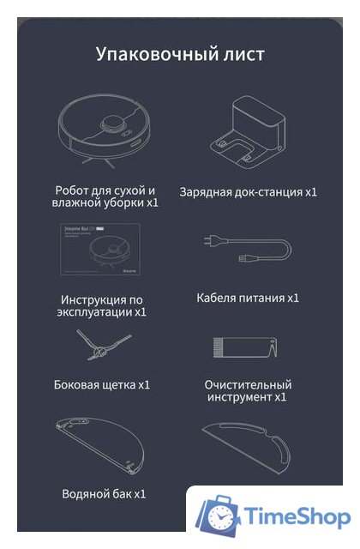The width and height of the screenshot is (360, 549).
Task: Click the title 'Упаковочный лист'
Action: [180, 54]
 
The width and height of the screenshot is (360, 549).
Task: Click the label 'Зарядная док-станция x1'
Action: [248, 192]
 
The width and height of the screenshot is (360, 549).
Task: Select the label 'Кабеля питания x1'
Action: [248, 298]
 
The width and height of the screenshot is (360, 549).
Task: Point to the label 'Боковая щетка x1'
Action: [102, 384]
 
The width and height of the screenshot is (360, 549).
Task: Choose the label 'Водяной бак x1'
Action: [104, 493]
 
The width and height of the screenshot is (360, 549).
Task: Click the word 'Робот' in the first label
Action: [74, 189]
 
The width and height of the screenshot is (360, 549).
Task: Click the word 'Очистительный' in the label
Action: [249, 384]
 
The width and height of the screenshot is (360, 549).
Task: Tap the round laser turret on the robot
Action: [111, 124]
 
